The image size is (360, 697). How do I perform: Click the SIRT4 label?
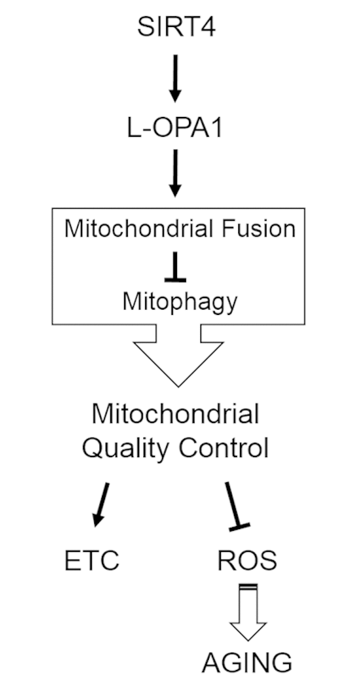tap(176, 28)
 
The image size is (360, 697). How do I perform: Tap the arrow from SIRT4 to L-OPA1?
tap(175, 78)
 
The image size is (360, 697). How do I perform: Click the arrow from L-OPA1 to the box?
tap(175, 173)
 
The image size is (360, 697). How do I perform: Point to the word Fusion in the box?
tap(263, 229)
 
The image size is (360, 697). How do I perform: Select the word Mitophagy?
tap(180, 302)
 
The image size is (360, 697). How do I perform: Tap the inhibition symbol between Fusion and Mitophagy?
tap(175, 270)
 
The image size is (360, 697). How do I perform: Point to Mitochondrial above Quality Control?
tap(175, 414)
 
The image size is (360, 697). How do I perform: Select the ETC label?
tap(92, 561)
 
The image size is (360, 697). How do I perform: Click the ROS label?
tap(247, 561)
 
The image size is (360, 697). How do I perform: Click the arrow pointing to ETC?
tap(101, 504)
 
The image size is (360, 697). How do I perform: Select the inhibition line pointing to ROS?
tap(234, 504)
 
